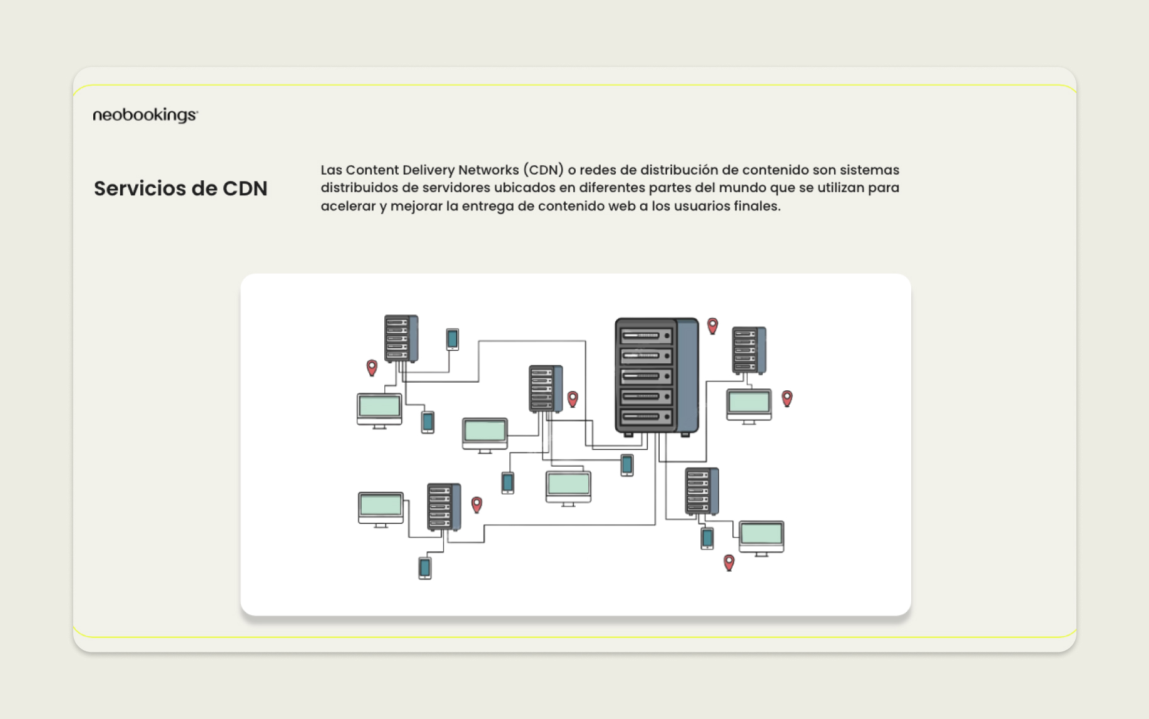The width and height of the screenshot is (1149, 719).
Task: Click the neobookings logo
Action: (145, 115)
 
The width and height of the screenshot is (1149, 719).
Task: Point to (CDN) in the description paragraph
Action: (543, 170)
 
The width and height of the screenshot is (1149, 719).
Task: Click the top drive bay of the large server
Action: (646, 336)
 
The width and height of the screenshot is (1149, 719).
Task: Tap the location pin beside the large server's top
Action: (712, 326)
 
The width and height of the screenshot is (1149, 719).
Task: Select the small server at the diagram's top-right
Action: (749, 351)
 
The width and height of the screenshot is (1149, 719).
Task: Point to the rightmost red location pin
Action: (787, 398)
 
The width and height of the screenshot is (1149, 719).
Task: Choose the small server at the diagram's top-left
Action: (401, 339)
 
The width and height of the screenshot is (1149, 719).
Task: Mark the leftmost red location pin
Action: (372, 368)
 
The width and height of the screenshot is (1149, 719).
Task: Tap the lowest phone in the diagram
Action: (425, 568)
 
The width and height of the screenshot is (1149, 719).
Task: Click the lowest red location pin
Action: (729, 562)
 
